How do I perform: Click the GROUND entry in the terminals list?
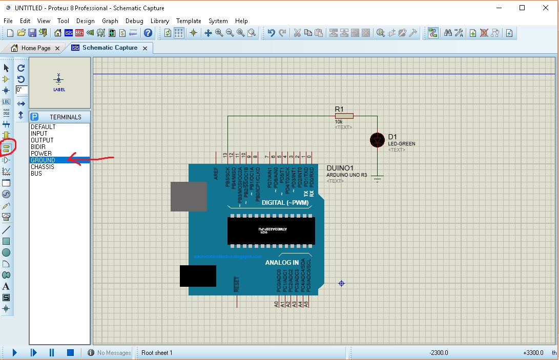click(x=43, y=160)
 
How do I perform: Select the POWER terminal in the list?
click(x=41, y=154)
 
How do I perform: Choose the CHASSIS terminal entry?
click(x=43, y=167)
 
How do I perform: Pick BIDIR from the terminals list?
click(x=38, y=147)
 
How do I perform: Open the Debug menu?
click(x=134, y=21)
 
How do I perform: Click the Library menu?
click(x=160, y=21)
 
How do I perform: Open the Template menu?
click(x=189, y=21)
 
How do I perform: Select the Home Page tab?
click(x=35, y=48)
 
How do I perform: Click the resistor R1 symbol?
click(x=344, y=116)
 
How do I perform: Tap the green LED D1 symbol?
click(x=378, y=140)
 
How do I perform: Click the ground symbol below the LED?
click(x=378, y=178)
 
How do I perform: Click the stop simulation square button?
click(x=71, y=352)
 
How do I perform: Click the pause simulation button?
click(x=52, y=352)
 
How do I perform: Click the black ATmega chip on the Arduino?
click(x=271, y=230)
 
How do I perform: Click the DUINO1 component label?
click(x=340, y=168)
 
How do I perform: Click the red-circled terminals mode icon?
click(x=7, y=147)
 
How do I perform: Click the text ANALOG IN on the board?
click(x=282, y=263)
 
